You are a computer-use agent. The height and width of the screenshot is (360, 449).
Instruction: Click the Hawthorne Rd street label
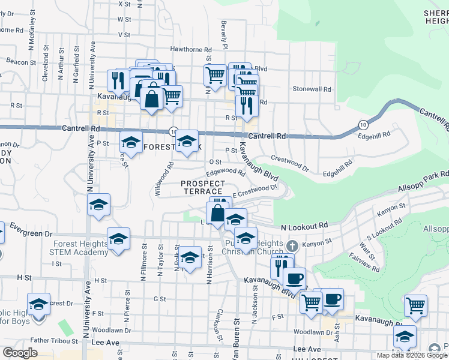tap(191, 50)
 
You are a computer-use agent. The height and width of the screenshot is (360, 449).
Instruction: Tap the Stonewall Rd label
tap(312, 89)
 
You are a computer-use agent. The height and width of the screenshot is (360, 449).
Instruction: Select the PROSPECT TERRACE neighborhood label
tap(203, 187)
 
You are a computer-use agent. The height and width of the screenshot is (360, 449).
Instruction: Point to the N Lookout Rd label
tap(304, 226)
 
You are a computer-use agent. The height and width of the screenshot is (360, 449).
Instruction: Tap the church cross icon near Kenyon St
tap(292, 245)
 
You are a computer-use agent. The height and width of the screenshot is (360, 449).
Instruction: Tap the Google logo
tap(20, 353)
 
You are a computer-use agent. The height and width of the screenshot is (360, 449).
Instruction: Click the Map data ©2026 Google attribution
tap(412, 355)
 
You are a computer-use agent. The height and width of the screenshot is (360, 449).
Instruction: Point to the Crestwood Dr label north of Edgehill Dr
tap(289, 163)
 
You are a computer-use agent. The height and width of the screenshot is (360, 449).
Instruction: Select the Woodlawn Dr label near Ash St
tap(309, 332)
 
